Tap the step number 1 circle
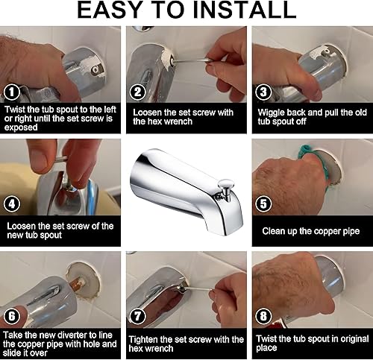pyautogui.click(x=11, y=92)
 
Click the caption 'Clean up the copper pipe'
pyautogui.click(x=311, y=231)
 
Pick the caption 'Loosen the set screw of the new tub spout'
pyautogui.click(x=60, y=231)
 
